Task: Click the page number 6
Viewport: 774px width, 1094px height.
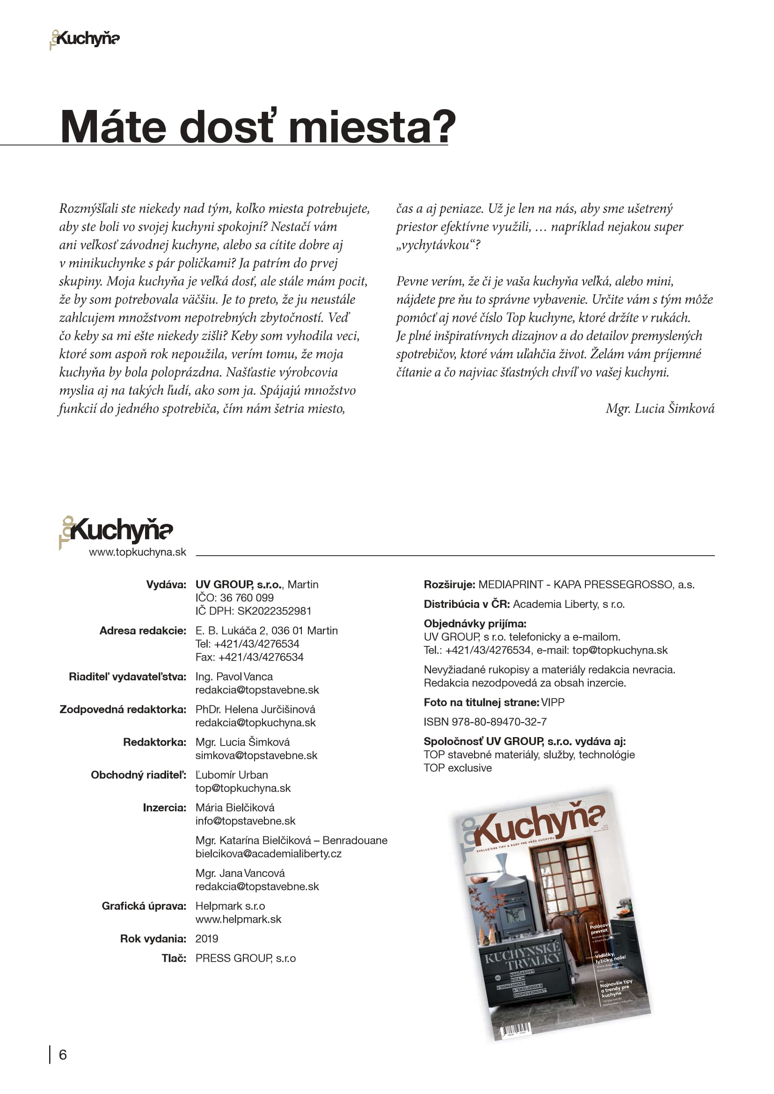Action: (x=62, y=1054)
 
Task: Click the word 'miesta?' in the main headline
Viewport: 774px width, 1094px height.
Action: (x=372, y=127)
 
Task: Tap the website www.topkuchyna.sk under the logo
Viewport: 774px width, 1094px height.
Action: (x=137, y=552)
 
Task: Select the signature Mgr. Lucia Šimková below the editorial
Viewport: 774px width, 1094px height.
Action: (x=660, y=408)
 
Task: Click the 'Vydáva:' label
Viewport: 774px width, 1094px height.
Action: (x=166, y=585)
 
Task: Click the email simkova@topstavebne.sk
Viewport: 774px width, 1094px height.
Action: (x=256, y=755)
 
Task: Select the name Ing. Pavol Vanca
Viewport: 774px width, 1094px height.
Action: (x=234, y=677)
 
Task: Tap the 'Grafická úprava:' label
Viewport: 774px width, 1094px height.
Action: (x=144, y=906)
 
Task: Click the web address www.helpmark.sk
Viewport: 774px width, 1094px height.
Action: (x=238, y=919)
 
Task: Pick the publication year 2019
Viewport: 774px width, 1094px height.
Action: (x=206, y=939)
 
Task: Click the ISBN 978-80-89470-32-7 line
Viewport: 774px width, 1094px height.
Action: (x=485, y=722)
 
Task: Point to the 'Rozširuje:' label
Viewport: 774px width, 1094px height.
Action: (x=449, y=585)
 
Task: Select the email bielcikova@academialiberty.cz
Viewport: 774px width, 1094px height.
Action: (x=268, y=854)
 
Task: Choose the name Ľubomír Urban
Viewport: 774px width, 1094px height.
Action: (x=232, y=775)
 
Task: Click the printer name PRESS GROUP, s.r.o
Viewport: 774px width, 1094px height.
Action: (x=246, y=958)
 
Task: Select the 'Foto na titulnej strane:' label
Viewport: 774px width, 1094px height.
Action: (x=481, y=703)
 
